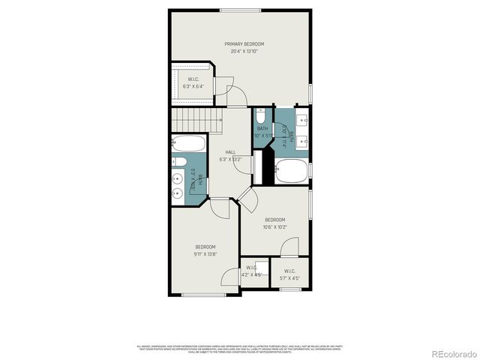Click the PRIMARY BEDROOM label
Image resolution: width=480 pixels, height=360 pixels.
[244, 44]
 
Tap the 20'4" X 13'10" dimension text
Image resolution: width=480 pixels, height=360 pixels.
[244, 51]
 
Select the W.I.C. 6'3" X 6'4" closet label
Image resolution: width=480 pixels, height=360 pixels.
[193, 82]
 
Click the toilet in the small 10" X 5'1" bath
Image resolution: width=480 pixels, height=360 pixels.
[259, 116]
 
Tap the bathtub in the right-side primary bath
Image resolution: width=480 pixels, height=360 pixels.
[292, 170]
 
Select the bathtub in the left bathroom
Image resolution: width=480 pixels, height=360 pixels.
[187, 142]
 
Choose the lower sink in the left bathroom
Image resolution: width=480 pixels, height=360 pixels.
[178, 193]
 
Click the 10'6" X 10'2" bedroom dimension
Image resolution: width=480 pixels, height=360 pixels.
[274, 226]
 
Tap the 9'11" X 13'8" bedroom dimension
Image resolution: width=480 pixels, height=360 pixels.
[205, 254]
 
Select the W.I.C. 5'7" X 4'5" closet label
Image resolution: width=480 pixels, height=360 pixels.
[289, 274]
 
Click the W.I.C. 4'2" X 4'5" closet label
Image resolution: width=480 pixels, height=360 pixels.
[250, 271]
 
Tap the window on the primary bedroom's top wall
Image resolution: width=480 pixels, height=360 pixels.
[241, 10]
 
